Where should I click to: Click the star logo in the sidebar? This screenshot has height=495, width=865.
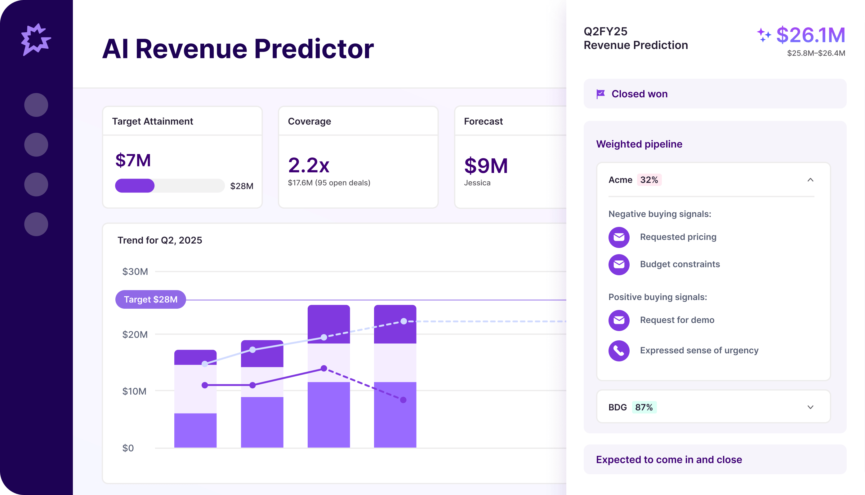[x=36, y=39]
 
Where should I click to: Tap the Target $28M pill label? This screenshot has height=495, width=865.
[x=150, y=299]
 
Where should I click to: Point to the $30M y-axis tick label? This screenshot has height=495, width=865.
[x=135, y=272]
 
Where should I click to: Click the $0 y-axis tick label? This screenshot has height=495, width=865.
[x=128, y=448]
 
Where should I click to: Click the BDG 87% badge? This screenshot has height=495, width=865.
[x=644, y=407]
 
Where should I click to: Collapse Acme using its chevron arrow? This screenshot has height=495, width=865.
[x=810, y=180]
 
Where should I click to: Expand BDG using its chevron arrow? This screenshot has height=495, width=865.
[x=810, y=407]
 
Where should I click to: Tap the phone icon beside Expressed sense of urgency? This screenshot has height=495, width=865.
[x=619, y=351]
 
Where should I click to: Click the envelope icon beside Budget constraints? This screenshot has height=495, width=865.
[x=619, y=264]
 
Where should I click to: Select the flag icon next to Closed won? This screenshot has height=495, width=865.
[x=601, y=94]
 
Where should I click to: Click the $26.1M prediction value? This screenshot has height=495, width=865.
[x=811, y=35]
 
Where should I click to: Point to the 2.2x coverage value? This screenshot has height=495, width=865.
[x=309, y=166]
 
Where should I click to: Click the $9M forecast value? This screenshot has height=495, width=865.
[x=486, y=166]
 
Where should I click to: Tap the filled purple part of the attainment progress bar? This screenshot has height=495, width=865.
[x=135, y=186]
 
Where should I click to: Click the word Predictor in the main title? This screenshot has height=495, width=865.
[x=314, y=49]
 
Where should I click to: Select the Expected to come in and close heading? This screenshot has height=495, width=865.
[x=669, y=460]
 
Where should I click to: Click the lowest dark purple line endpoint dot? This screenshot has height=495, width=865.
[x=403, y=400]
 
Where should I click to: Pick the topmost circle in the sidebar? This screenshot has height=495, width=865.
[x=36, y=105]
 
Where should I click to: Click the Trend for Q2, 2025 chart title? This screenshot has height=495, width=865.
[x=159, y=240]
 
